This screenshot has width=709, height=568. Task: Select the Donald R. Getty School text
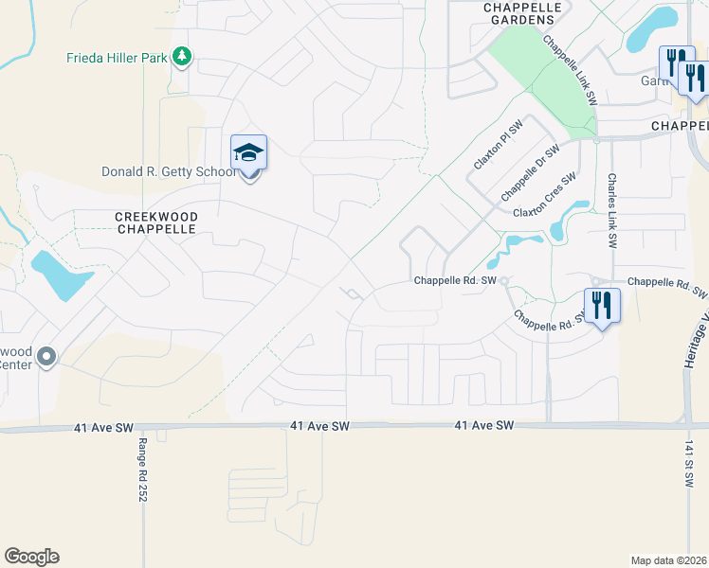point(169,171)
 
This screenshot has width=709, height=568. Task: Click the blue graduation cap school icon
point(248,151)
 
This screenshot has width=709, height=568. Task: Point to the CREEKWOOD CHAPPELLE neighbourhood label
point(156,223)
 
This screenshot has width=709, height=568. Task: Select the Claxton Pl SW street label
point(498,146)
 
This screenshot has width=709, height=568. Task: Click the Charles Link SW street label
point(613,210)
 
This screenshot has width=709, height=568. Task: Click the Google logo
point(31,556)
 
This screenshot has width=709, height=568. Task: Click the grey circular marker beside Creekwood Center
point(46,357)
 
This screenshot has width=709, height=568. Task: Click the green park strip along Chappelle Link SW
point(551,81)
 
